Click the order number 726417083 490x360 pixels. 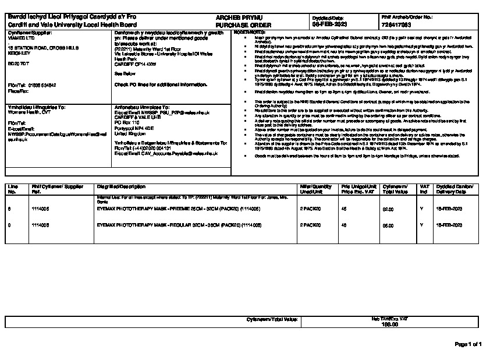tap(399, 26)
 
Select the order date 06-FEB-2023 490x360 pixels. tap(330, 26)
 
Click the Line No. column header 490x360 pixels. tap(13, 188)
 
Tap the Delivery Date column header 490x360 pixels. tap(453, 188)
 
